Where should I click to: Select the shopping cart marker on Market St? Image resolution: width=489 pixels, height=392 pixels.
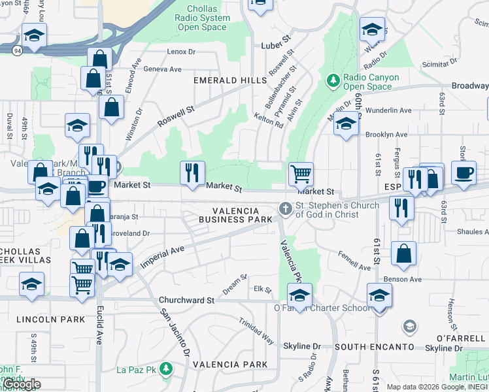pos(301,174)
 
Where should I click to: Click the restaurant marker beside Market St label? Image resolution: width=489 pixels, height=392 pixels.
pos(192,172)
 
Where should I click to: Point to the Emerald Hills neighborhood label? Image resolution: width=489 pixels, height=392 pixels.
pos(222,80)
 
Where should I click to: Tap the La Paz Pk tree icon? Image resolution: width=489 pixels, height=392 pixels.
pos(167,370)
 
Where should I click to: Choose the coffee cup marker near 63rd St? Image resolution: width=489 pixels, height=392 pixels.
pos(464,174)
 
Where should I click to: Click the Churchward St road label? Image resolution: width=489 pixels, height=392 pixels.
pos(186,301)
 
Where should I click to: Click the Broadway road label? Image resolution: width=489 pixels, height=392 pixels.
pos(470,86)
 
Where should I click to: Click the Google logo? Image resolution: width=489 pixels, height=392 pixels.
pos(21,385)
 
